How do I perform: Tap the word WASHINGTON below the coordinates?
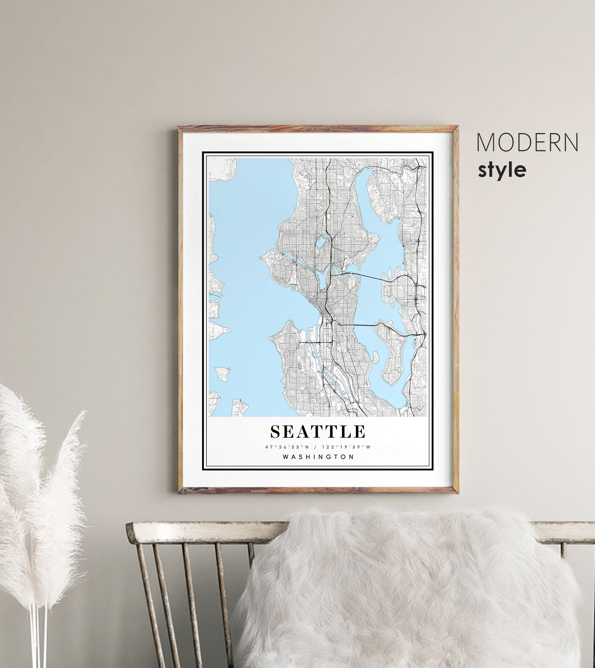[x=318, y=457]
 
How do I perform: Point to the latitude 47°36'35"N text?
[x=287, y=447]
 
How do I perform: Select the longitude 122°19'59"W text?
[x=346, y=447]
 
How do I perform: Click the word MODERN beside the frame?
[x=527, y=143]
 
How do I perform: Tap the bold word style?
[x=502, y=170]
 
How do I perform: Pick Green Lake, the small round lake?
[x=320, y=243]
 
